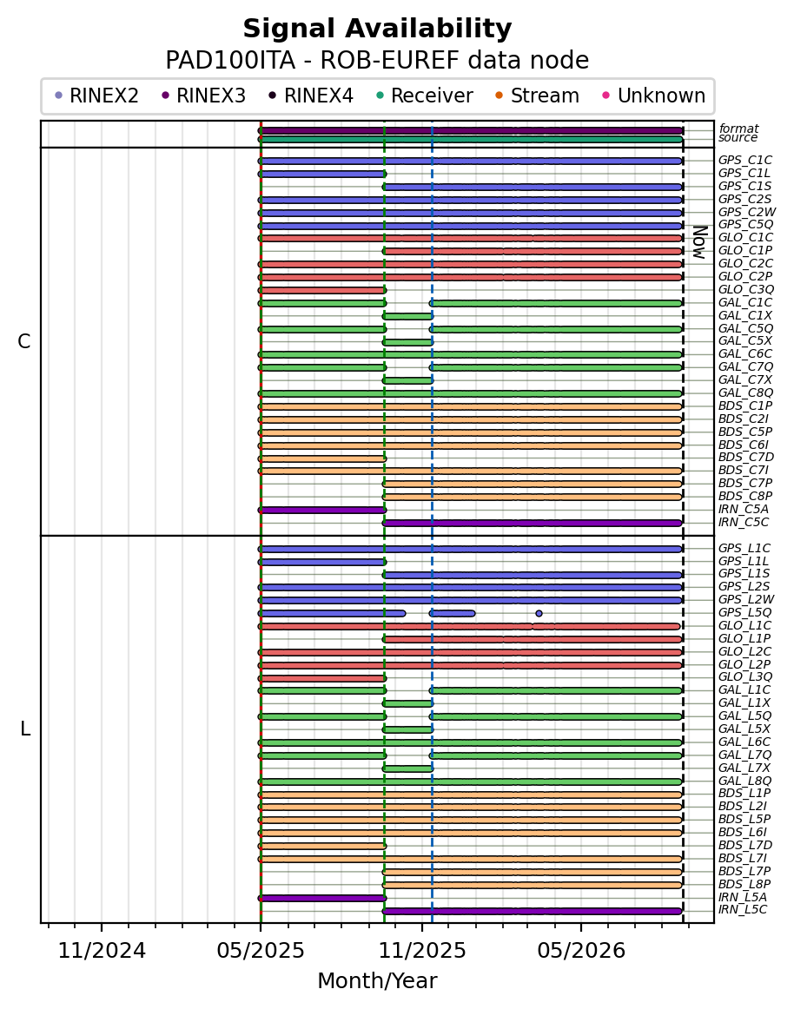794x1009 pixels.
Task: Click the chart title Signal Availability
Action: (x=377, y=29)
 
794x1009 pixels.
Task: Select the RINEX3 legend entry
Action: (x=203, y=96)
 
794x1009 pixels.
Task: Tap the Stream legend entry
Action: (x=537, y=96)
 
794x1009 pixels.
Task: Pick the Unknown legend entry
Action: (x=653, y=96)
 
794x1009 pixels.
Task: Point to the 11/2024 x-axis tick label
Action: (x=102, y=950)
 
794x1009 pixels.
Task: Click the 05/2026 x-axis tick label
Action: (x=581, y=950)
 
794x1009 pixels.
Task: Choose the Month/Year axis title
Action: (x=377, y=980)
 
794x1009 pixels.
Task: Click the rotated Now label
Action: (x=700, y=242)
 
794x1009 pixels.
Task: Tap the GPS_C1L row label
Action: (x=744, y=173)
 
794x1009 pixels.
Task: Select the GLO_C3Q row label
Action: (x=745, y=289)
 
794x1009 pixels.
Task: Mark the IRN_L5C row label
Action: (x=743, y=909)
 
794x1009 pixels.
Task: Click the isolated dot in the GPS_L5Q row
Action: (x=539, y=613)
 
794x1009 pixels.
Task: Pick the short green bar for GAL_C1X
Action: (x=407, y=316)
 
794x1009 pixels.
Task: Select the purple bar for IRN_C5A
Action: (x=322, y=510)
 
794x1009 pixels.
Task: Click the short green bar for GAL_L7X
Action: (x=407, y=768)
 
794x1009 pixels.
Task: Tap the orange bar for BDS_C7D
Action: (x=322, y=458)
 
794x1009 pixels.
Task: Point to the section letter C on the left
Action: (x=23, y=342)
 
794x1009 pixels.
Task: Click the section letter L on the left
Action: (x=25, y=729)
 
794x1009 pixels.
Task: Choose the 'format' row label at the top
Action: (x=739, y=129)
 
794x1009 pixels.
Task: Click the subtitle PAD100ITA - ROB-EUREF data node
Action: (x=377, y=61)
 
